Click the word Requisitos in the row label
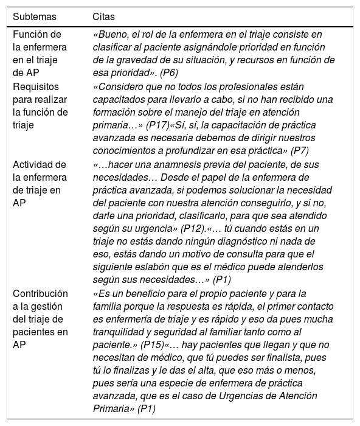(x=35, y=86)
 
